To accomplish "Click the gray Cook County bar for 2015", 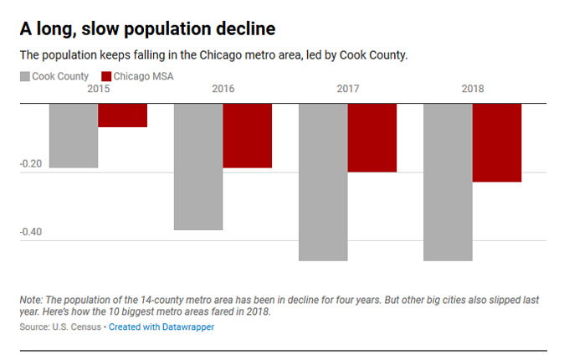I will click(74, 136).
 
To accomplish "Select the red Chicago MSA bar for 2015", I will click(123, 116).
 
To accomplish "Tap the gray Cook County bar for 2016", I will click(198, 167).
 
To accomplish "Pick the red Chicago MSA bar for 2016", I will click(248, 136).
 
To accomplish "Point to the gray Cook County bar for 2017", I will click(323, 182).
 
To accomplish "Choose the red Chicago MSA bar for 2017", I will click(372, 138).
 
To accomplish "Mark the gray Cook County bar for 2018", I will click(448, 182).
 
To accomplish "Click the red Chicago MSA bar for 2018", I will click(497, 142).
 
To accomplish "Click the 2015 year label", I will click(99, 89).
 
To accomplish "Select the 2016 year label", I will click(223, 89).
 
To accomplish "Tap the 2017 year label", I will click(348, 89).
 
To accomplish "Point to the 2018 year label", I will click(473, 89).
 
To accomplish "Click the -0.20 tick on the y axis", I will click(31, 164).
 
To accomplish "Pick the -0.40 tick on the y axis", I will click(31, 232).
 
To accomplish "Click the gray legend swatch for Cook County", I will click(25, 77).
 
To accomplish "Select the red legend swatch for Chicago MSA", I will click(109, 77).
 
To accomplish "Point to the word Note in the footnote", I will click(31, 299).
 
